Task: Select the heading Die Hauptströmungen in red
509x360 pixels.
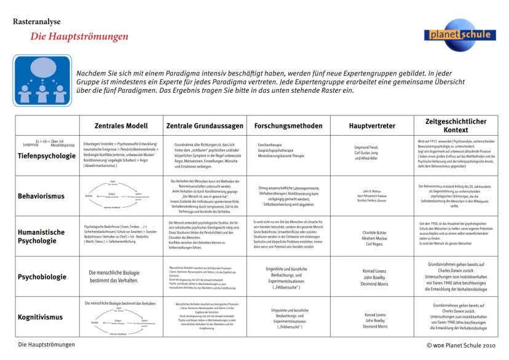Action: (79, 37)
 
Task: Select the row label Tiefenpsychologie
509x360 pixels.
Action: (47, 157)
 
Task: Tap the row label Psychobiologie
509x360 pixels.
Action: (42, 277)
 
